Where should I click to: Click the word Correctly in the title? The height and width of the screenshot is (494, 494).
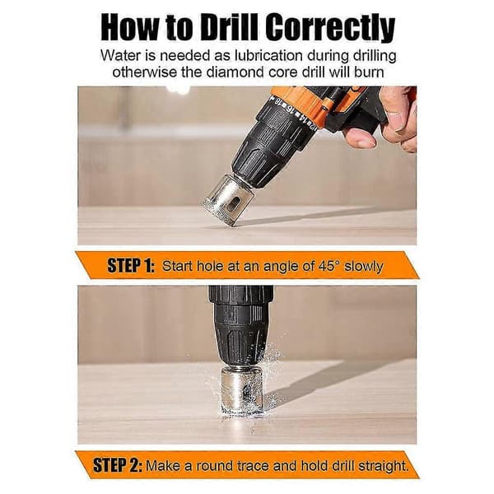[330, 27]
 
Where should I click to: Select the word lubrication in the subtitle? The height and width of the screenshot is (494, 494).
[267, 56]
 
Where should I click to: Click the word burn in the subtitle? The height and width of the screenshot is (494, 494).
[369, 72]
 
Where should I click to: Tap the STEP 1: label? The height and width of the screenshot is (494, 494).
[131, 265]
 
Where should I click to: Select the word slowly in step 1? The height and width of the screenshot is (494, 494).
[364, 267]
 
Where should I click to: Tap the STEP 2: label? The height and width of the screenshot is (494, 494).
[117, 465]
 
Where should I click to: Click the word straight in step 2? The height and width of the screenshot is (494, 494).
[383, 466]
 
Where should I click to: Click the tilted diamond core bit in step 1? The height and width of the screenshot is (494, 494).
[228, 201]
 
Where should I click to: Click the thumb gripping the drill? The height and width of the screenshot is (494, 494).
[359, 137]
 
